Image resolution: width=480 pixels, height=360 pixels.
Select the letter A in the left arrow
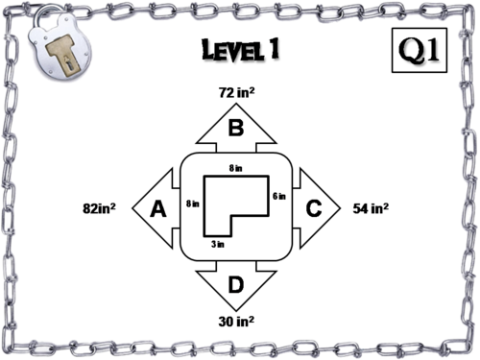click(161, 207)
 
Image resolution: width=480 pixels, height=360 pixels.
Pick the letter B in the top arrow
click(235, 128)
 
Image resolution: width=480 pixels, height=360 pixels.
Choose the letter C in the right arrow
click(313, 207)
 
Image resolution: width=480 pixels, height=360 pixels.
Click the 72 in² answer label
click(236, 93)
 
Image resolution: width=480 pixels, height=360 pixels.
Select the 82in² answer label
click(99, 207)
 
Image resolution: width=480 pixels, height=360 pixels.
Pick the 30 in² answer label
click(236, 321)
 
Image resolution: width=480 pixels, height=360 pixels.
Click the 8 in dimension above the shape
click(235, 168)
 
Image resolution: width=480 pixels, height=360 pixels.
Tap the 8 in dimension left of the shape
click(192, 203)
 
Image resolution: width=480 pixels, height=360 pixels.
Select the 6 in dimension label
click(280, 195)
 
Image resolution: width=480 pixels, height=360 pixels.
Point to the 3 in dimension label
click(217, 245)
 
